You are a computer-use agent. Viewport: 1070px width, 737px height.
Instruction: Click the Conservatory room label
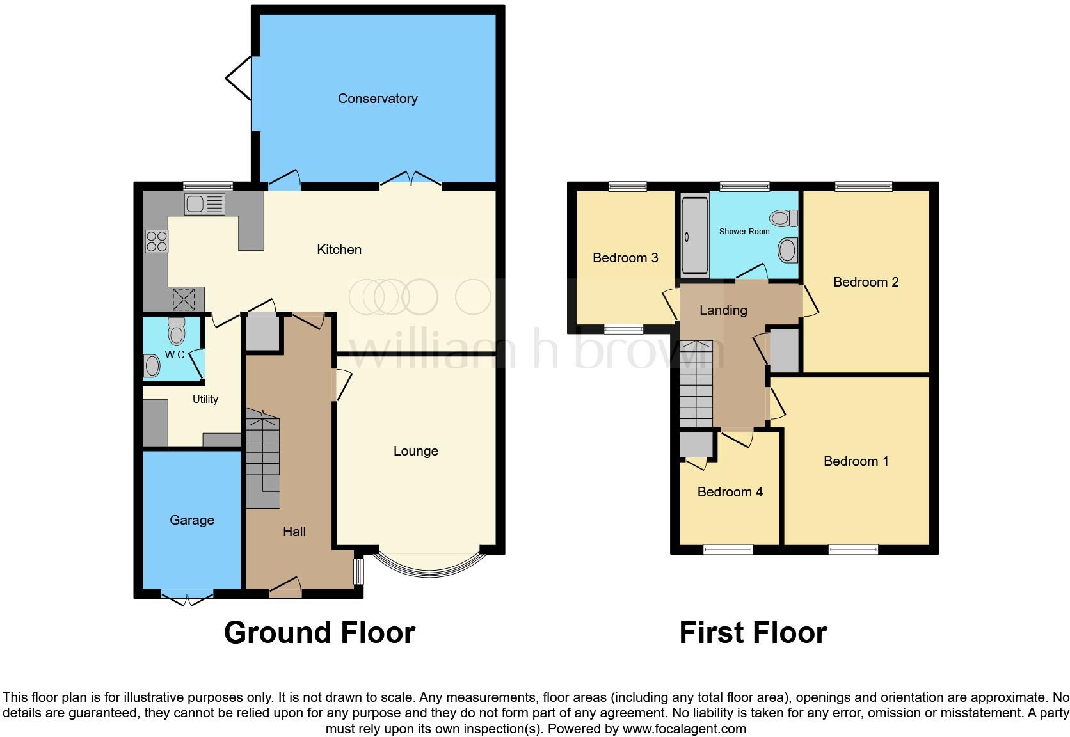click(x=378, y=99)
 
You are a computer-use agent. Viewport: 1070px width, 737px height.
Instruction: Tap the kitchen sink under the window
click(x=205, y=205)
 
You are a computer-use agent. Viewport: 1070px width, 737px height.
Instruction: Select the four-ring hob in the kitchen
click(x=157, y=241)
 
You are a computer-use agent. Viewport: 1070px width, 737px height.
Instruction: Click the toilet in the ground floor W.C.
click(x=176, y=331)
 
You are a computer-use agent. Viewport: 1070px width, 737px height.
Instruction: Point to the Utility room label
click(x=205, y=399)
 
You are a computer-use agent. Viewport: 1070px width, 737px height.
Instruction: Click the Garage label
click(x=192, y=520)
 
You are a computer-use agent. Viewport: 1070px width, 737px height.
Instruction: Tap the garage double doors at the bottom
click(x=188, y=599)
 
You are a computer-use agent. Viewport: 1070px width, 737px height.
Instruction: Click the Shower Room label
click(x=744, y=232)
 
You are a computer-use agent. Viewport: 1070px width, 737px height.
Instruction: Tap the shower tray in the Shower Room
click(x=694, y=235)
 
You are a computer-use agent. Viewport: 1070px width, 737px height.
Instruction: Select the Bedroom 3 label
click(x=625, y=258)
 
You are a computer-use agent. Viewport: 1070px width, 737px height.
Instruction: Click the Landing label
click(x=723, y=310)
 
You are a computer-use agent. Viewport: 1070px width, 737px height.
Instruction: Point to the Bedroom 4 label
click(x=730, y=492)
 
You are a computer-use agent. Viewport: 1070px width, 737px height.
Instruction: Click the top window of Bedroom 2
click(x=863, y=186)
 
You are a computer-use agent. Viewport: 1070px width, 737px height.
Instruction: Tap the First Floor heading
click(x=753, y=633)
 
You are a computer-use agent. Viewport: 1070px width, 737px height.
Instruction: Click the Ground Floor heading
click(x=319, y=633)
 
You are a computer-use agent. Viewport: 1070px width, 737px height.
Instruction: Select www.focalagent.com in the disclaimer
click(x=683, y=729)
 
